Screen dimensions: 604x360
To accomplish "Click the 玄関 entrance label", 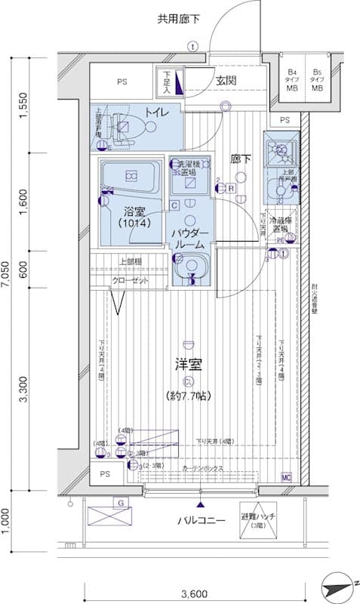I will click(x=226, y=81).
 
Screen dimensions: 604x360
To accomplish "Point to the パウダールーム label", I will click(x=188, y=240).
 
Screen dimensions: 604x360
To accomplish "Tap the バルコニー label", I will click(x=202, y=521).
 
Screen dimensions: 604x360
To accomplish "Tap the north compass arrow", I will click(x=340, y=584).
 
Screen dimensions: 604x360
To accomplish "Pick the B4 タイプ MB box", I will click(x=291, y=82).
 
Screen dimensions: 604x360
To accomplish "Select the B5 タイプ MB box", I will click(x=318, y=82).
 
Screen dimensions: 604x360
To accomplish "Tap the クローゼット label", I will click(x=131, y=281).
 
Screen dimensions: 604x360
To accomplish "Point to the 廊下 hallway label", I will click(x=241, y=159).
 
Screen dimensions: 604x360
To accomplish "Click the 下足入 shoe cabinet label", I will click(x=167, y=82).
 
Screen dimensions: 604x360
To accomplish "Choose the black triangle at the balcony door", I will click(x=201, y=504).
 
